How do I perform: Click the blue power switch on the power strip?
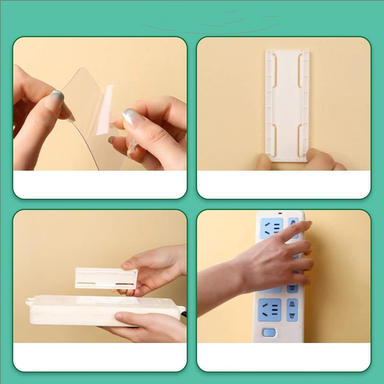[269, 332]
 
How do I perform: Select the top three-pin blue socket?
[270, 227]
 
